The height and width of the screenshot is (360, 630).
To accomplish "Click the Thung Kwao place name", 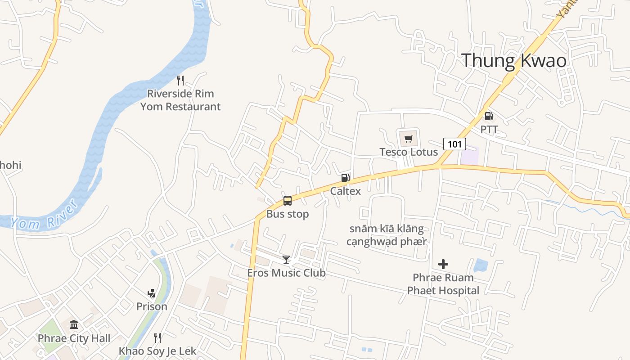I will pos(514,60).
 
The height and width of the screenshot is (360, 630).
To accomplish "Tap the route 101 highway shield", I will pos(454,144).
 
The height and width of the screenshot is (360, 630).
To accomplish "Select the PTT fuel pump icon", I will pos(489,116).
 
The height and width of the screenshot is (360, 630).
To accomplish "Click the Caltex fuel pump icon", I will pos(345,177).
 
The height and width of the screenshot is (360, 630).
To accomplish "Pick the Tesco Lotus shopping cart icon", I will pos(408,139).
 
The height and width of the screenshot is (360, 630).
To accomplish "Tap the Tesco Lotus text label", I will pos(409,152).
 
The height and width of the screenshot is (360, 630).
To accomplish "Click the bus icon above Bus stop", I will pos(288,201).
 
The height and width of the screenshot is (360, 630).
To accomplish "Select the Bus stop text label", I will pos(288,214).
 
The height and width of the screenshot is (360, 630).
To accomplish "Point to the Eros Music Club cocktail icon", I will pos(286,259).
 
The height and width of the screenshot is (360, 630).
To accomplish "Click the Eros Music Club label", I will pos(286,273).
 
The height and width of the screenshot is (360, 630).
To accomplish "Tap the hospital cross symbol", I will pos(443,264).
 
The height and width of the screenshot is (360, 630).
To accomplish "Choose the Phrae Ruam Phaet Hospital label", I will pos(443,284).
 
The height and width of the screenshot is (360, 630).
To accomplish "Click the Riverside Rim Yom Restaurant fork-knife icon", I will pos(180,81).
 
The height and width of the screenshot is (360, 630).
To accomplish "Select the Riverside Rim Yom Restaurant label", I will pos(180,100).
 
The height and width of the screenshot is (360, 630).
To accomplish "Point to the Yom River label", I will pos(44,216).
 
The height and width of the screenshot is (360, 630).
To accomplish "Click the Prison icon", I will pos(152,293).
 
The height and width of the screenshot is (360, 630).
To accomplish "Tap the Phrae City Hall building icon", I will pos(74,324).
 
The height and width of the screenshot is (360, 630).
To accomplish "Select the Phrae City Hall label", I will pos(74,338).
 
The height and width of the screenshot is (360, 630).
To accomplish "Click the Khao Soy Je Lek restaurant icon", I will pos(157,337).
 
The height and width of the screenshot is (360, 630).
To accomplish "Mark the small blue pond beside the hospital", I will pos(481,265).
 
